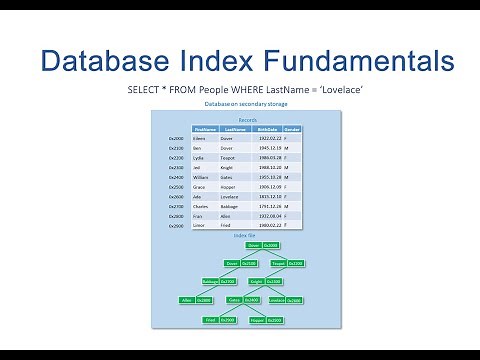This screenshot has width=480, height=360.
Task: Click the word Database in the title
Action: coord(90,62)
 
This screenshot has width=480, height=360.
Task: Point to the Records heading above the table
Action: coord(246,118)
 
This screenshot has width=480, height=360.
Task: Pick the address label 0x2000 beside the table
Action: coord(177,138)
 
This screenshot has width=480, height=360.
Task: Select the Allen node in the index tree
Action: coord(186,300)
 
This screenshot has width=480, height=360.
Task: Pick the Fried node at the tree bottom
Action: coord(212,320)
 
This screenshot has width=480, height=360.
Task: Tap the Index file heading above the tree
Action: coord(246,235)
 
